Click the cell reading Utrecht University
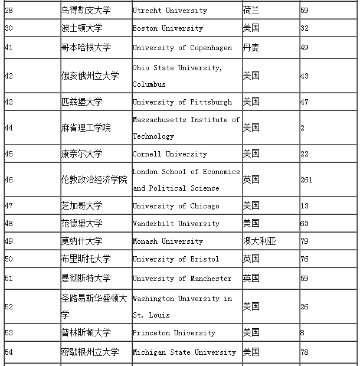point(169,11)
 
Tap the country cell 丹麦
point(251,48)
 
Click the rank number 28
point(9,11)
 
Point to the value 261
point(306,179)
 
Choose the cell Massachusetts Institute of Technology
point(186,128)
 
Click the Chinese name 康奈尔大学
point(81,154)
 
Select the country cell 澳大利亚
point(259,241)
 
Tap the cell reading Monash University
point(168,241)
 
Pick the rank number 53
point(9,332)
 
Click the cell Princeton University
point(174,332)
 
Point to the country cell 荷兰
point(251,11)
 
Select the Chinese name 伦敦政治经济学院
point(94,179)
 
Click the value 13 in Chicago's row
point(305,205)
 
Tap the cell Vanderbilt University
point(176,223)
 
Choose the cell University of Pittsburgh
point(182,102)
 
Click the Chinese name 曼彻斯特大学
point(86,278)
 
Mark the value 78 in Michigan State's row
point(305,352)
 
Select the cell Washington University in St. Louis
point(182,306)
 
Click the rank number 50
point(9,259)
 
